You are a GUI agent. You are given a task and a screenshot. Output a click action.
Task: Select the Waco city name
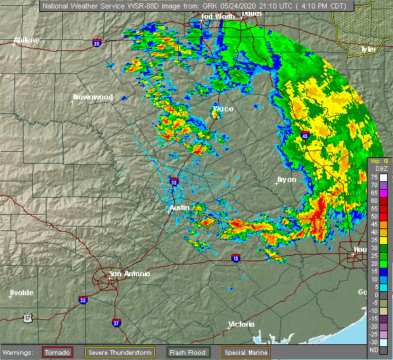(223, 109)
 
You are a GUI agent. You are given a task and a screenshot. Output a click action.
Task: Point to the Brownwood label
(92, 97)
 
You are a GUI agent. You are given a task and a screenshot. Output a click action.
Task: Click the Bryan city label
(286, 179)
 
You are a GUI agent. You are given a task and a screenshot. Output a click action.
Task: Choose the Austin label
(179, 207)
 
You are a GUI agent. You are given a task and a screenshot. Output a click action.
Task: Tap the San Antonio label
(129, 274)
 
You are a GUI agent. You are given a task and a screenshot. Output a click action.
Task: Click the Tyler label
(369, 49)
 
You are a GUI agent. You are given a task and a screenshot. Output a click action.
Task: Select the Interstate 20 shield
(98, 43)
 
